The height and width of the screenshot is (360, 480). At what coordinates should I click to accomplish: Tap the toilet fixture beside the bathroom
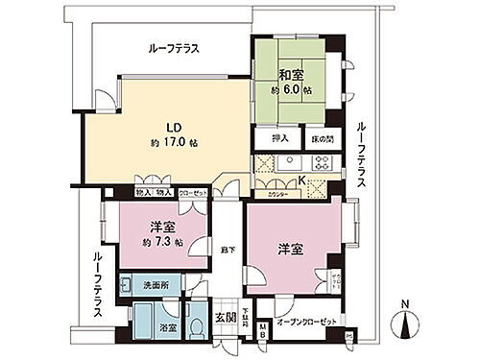click(197, 326)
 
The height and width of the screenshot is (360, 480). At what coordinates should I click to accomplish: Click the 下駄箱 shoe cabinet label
click(247, 315)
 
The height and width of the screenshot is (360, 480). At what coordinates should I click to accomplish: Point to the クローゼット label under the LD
click(192, 192)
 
